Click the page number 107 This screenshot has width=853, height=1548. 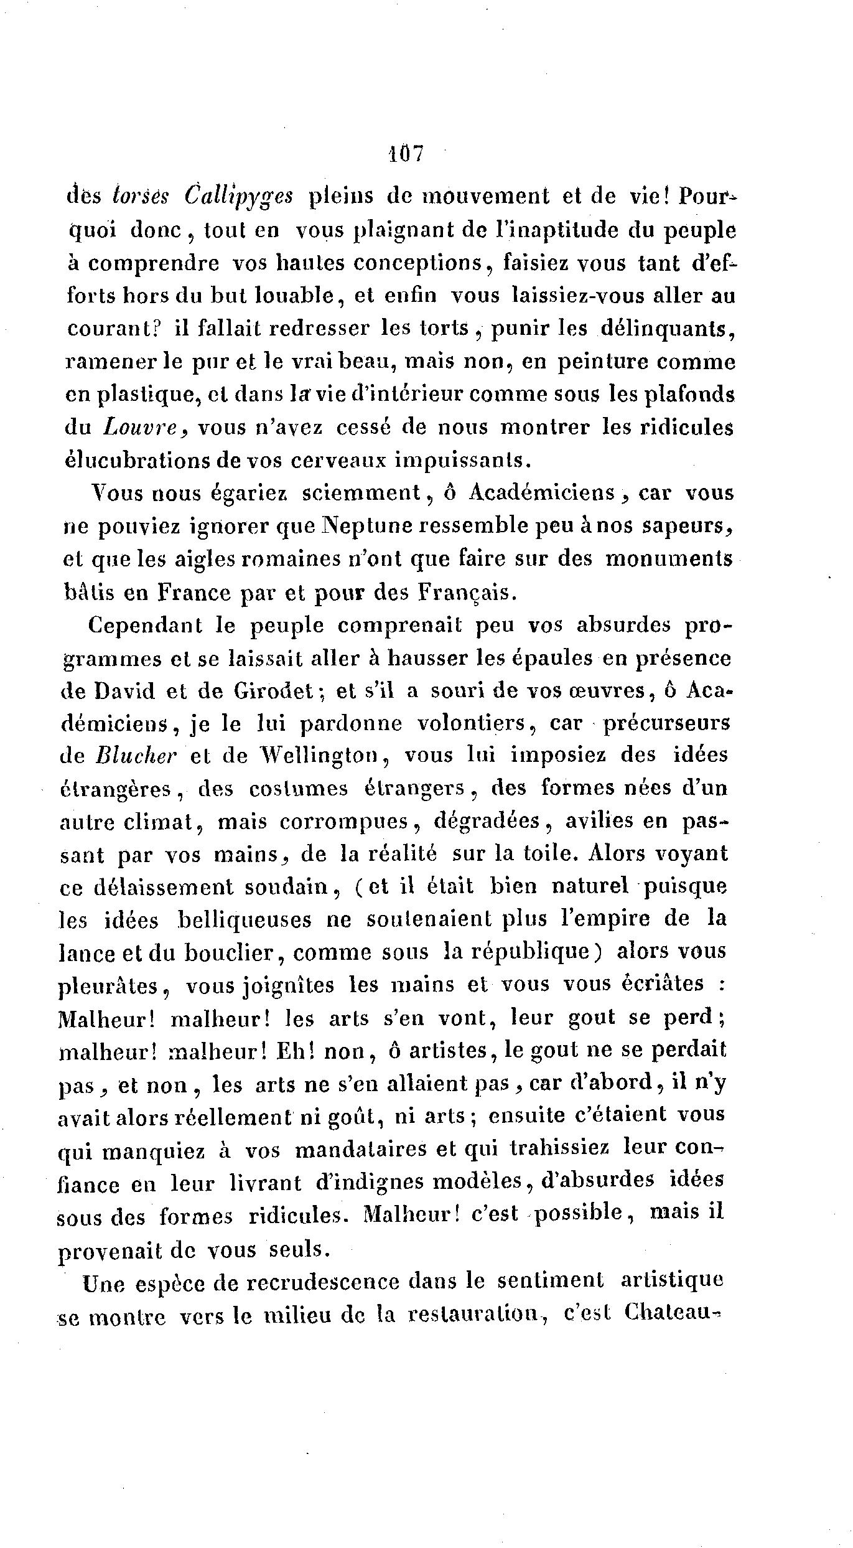[405, 153]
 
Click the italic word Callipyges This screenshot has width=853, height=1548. [239, 197]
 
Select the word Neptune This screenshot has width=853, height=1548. [366, 527]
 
